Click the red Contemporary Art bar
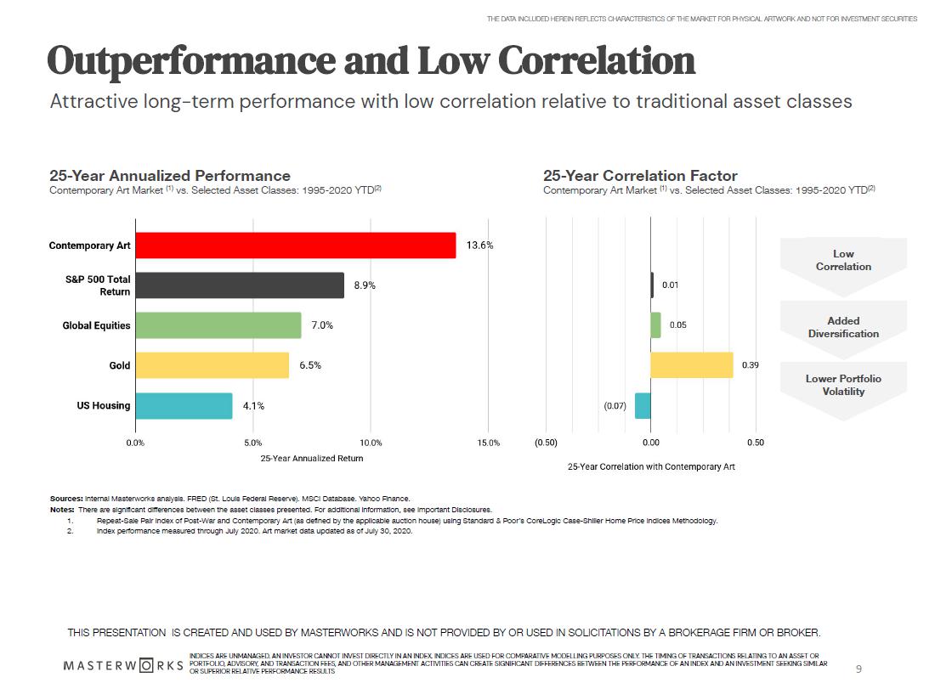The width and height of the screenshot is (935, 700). (295, 246)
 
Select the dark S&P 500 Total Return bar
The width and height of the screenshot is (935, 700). (239, 285)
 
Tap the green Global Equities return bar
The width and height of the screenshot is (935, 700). (218, 325)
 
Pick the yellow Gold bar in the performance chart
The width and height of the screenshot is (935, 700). (212, 365)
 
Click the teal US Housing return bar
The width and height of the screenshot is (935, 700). (184, 405)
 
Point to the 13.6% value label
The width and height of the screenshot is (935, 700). (479, 246)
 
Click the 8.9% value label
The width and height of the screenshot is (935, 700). (365, 285)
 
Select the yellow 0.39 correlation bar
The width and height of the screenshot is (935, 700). (691, 365)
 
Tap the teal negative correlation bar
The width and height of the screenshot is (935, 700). (643, 405)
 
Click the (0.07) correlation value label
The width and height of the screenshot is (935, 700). (615, 406)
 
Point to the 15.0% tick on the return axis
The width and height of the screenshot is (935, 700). (488, 443)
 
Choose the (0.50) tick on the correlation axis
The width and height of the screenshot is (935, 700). (546, 443)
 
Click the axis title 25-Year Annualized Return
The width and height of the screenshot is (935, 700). (311, 459)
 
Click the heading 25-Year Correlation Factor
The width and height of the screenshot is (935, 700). (640, 176)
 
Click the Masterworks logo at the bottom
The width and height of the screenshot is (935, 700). (124, 664)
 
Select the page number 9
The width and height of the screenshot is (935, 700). (858, 669)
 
